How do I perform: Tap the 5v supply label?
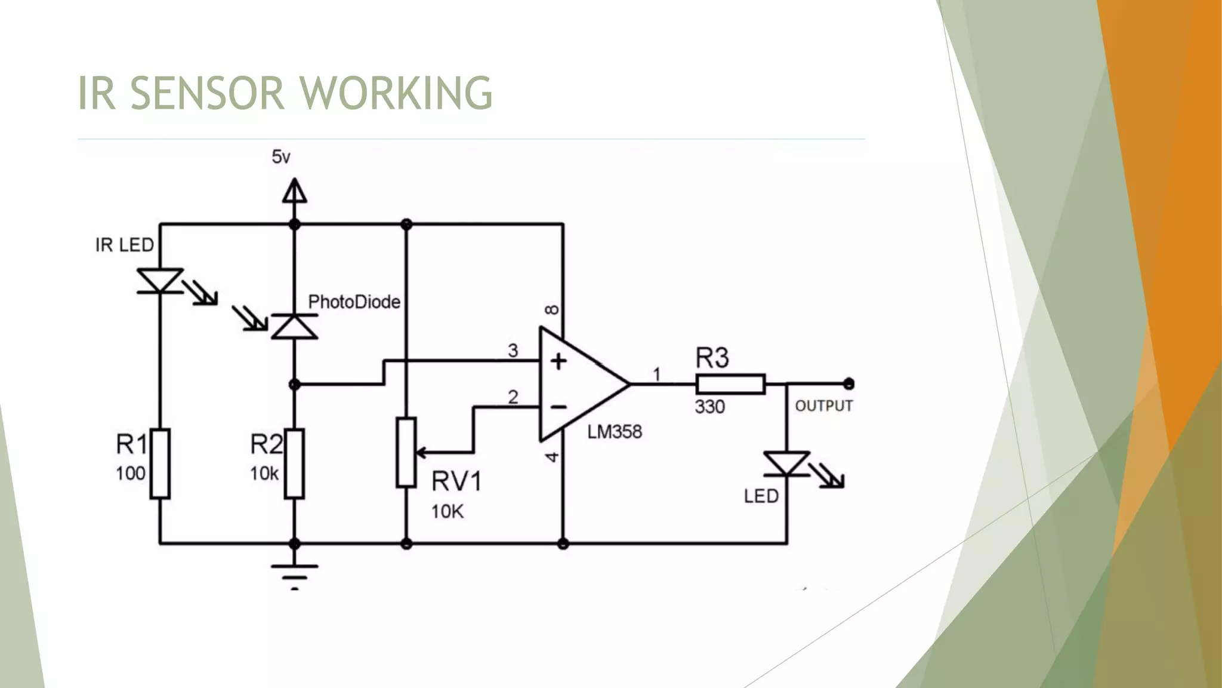click(x=281, y=157)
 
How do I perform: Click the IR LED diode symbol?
click(x=160, y=281)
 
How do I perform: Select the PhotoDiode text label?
click(x=354, y=302)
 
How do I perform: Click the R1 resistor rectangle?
click(x=160, y=463)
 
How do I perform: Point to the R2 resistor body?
click(x=294, y=463)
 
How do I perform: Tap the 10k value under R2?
click(x=264, y=474)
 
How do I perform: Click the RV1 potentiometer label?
click(x=456, y=481)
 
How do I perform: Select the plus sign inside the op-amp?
click(x=558, y=361)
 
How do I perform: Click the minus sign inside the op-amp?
click(x=558, y=407)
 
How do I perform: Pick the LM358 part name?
click(x=615, y=432)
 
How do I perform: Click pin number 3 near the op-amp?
click(x=513, y=351)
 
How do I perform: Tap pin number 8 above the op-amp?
click(x=553, y=309)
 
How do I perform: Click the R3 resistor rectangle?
click(x=730, y=384)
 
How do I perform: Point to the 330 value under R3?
click(x=709, y=407)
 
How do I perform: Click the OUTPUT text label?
click(x=823, y=406)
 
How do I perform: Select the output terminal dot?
click(x=848, y=383)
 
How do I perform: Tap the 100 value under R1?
click(x=130, y=474)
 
